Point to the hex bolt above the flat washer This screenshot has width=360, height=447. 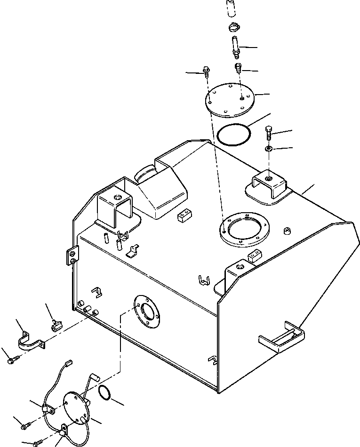coord(268,134)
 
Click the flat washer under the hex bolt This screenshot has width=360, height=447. coord(269,149)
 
